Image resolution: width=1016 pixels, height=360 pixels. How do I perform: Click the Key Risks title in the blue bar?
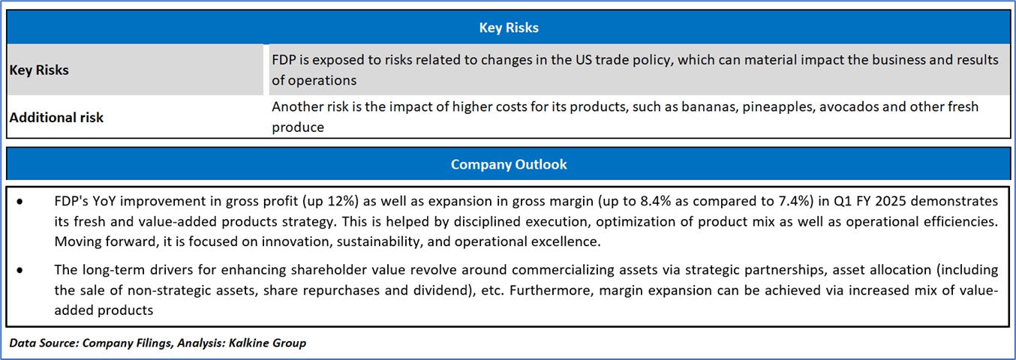509,28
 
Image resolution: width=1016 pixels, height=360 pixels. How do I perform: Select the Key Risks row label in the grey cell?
39,70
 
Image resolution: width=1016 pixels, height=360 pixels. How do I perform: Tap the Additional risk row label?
56,117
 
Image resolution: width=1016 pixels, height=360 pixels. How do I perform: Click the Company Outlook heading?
509,164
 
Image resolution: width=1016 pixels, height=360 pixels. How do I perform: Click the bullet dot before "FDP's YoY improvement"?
20,202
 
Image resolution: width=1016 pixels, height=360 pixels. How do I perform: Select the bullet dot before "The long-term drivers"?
20,270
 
